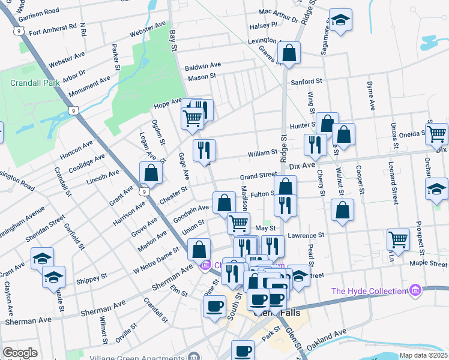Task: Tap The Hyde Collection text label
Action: (370, 291)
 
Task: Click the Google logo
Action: (20, 353)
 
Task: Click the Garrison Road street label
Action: (39, 11)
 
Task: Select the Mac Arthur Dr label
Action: (279, 11)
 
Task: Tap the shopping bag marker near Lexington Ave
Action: (289, 53)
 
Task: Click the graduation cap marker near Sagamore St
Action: (340, 21)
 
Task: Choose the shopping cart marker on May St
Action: (239, 223)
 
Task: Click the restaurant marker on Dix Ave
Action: (315, 145)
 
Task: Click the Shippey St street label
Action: (91, 278)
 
